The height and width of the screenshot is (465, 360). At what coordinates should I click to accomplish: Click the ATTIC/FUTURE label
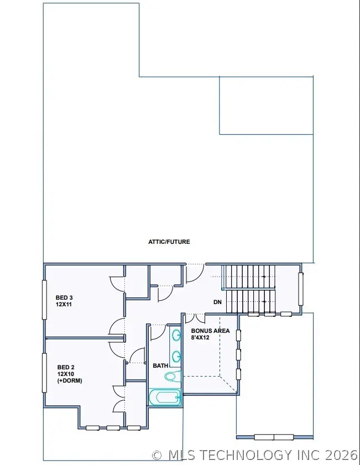pos(169,242)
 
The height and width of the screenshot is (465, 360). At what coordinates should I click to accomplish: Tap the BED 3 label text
pos(64,297)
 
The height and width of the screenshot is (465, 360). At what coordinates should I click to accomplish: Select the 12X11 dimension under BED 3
pos(65,304)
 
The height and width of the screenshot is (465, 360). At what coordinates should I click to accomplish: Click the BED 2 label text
pos(66,367)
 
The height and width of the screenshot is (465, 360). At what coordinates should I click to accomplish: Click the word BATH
pos(160,365)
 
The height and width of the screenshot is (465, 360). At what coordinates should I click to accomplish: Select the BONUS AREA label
pos(211,330)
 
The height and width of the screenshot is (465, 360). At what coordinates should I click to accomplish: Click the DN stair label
pos(218,302)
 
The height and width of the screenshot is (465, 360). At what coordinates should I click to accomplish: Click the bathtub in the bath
pos(165,397)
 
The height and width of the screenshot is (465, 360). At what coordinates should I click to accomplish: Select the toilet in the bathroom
pos(171,377)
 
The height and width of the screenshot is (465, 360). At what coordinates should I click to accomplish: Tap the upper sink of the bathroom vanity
pos(176,335)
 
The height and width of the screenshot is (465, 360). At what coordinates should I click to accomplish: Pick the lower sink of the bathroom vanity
pos(176,356)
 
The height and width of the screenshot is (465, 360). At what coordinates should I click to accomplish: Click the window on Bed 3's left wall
pos(44,299)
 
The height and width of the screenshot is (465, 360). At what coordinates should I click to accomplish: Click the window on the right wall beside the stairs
pos(301,289)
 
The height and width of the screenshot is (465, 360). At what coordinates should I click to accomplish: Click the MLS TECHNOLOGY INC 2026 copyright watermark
pos(255,455)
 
